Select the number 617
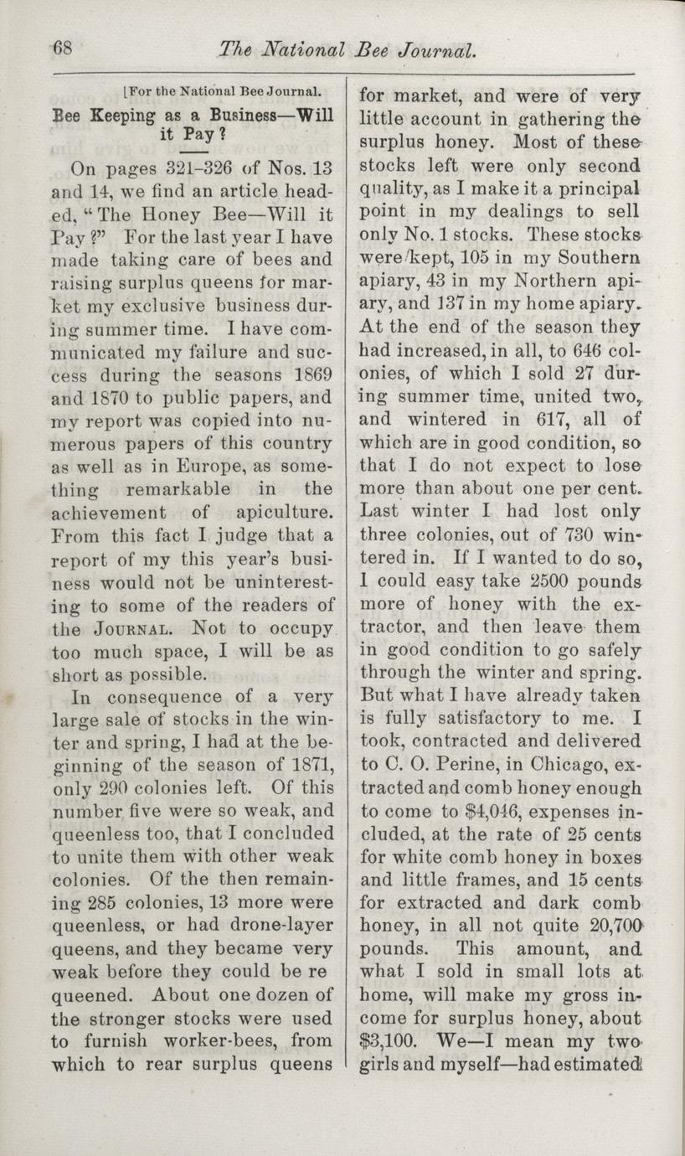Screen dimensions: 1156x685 (x=550, y=418)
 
